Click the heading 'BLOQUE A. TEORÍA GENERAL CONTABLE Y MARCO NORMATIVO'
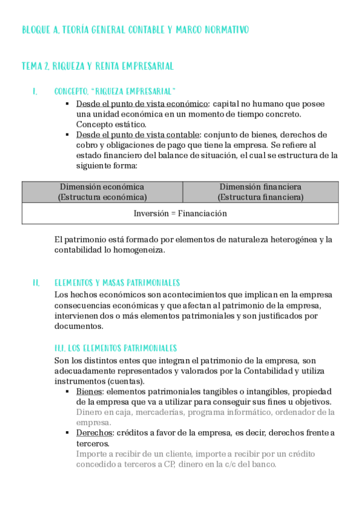135,29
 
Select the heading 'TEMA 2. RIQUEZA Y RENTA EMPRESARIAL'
97,66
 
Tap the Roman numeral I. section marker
35,91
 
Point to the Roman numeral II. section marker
37,282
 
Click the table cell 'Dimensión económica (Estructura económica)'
102,191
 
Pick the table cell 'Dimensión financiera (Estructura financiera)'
260,191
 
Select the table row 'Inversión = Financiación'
180,213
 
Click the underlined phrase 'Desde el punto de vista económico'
142,103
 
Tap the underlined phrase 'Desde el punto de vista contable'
139,134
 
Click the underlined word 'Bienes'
89,392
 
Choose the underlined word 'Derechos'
94,433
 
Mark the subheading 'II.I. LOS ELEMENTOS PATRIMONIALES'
115,348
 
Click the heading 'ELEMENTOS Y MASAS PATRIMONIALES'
117,282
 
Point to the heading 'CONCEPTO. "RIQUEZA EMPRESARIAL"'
115,91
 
